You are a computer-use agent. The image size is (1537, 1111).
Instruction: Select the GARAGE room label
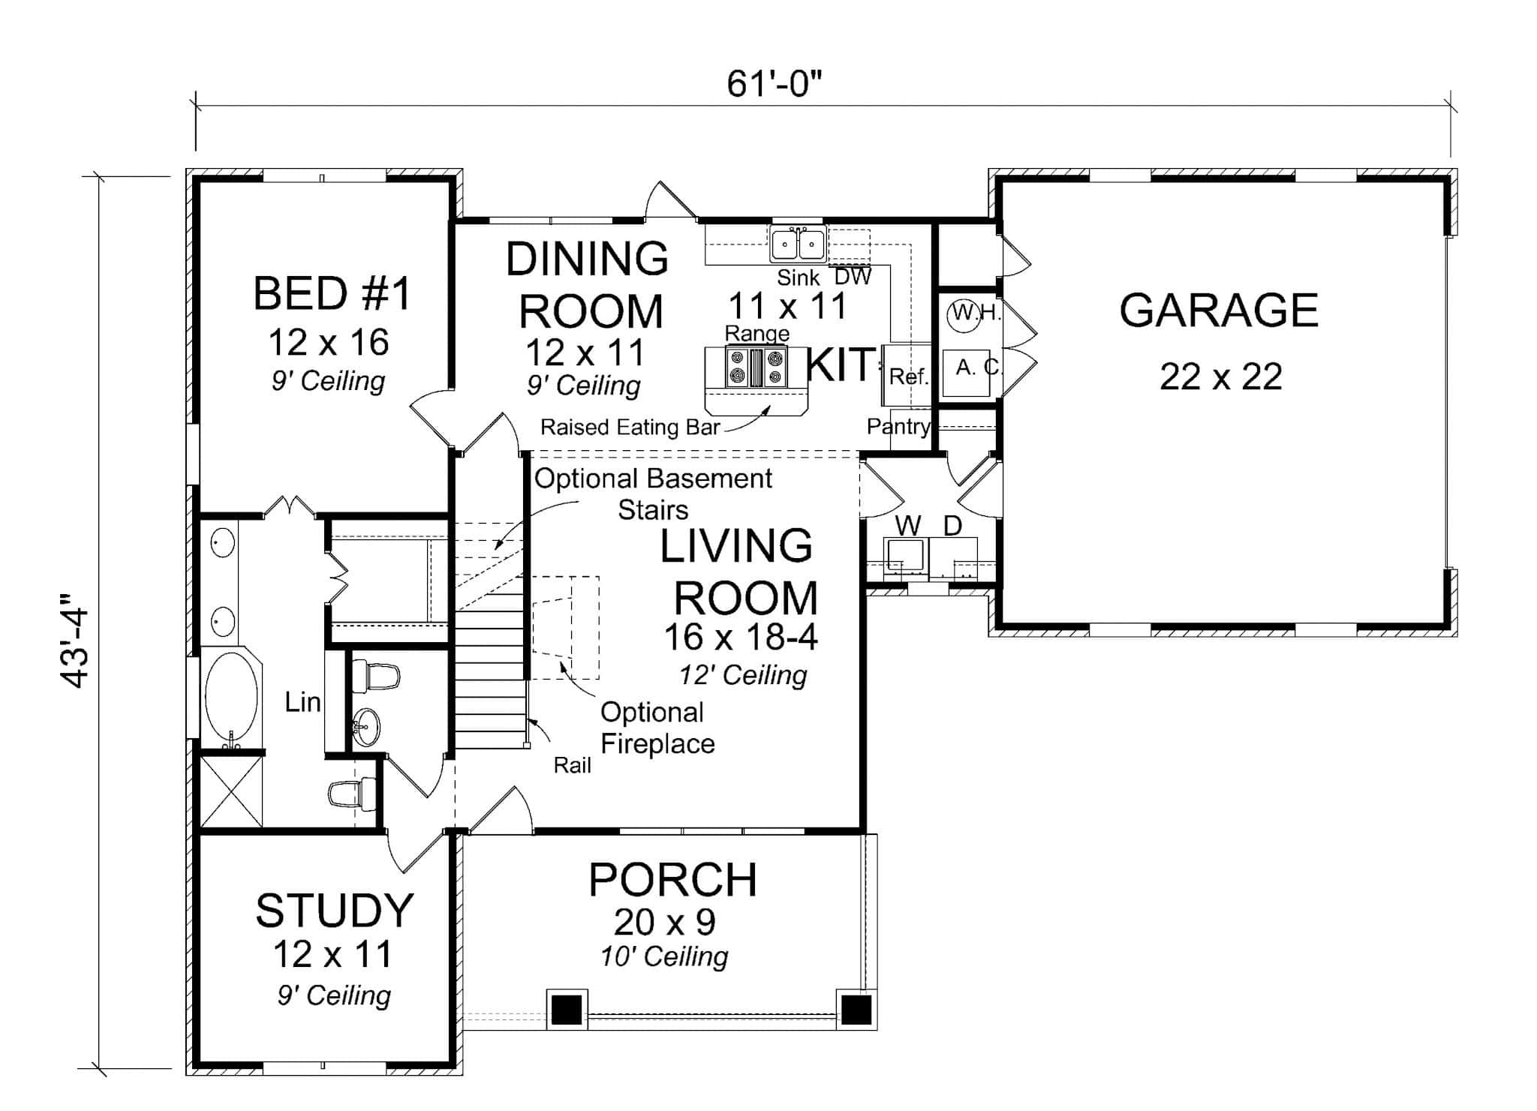point(1218,311)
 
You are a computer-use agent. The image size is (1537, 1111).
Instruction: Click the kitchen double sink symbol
point(798,244)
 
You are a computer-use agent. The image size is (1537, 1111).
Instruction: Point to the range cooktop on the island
point(756,368)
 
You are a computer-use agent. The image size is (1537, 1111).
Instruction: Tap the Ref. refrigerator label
point(908,377)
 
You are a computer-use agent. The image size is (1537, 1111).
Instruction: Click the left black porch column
point(567,1010)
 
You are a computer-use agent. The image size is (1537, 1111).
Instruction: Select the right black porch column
point(856,1010)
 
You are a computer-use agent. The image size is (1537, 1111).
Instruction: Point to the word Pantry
point(898,427)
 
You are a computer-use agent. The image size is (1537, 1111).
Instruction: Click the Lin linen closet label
point(302,703)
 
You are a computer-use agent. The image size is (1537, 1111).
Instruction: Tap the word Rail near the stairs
point(572,765)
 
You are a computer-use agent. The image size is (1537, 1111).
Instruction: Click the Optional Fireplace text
point(657,728)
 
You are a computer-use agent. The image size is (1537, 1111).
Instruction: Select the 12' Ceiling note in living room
point(743,675)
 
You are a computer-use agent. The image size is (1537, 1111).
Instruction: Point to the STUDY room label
point(334,911)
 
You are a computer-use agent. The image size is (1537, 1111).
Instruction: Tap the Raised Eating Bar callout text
point(630,428)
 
